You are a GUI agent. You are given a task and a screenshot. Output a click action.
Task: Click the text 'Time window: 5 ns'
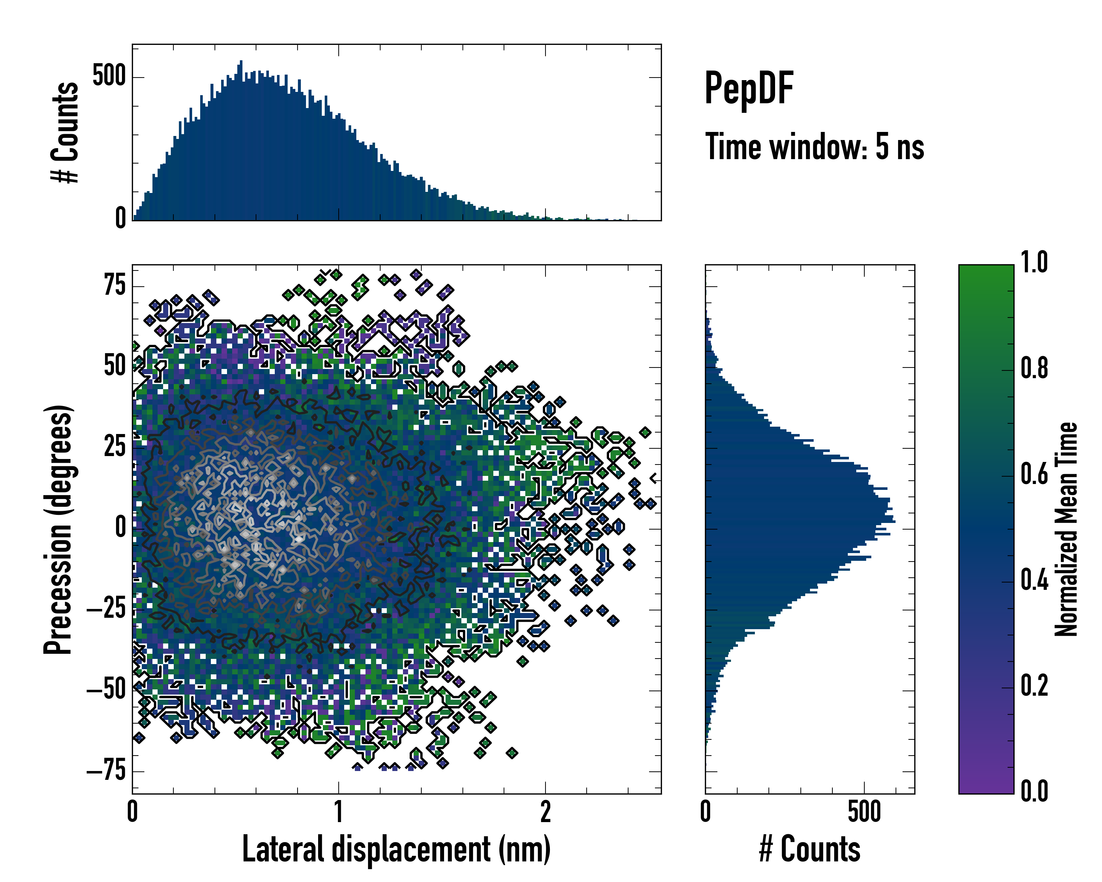click(814, 147)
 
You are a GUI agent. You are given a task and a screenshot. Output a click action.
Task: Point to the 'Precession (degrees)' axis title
click(58, 529)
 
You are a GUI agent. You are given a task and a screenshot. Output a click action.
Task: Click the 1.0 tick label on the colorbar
click(1034, 263)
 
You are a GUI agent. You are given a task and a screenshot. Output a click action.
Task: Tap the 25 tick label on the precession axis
click(115, 447)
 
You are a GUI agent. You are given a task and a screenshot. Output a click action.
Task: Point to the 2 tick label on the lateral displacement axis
click(545, 812)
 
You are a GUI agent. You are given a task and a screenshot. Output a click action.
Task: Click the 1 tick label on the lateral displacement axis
click(338, 812)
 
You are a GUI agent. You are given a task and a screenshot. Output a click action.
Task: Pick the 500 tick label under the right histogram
click(864, 812)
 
